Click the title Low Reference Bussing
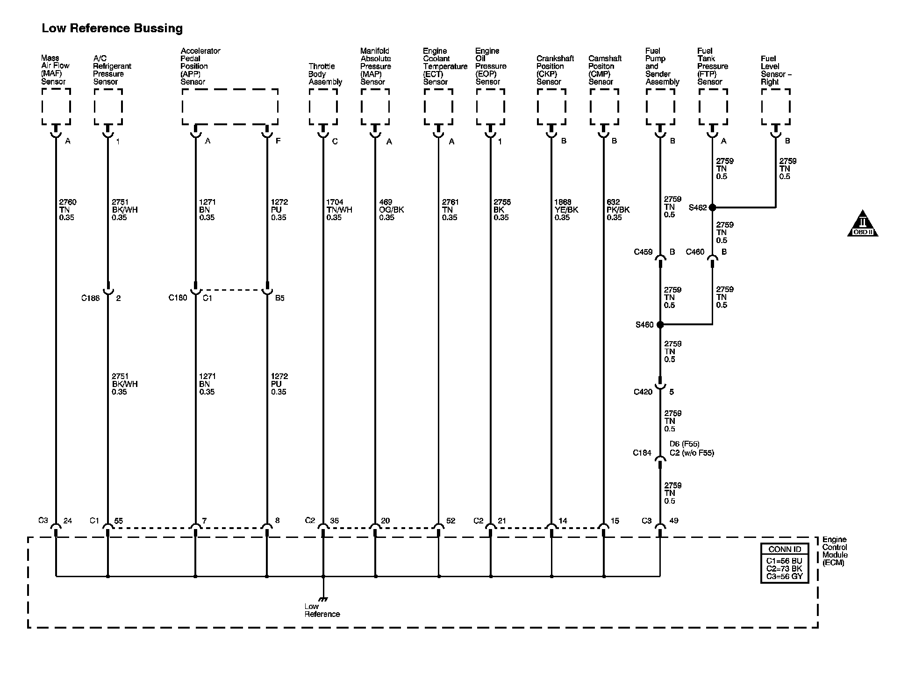tap(112, 29)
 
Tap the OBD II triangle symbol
tap(863, 225)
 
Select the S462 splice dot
tap(712, 208)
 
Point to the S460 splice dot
tap(660, 324)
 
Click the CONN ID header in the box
tap(785, 550)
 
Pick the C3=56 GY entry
tap(785, 577)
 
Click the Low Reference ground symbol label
tap(322, 610)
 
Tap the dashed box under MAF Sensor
tap(56, 107)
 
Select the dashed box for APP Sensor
tap(230, 107)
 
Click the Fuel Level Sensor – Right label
tap(776, 70)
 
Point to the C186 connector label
tap(90, 298)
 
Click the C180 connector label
tap(178, 298)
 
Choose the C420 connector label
tap(643, 392)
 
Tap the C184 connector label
tap(642, 452)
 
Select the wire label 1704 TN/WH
tap(339, 210)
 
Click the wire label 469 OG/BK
tap(391, 210)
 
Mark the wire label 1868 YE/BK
tap(566, 210)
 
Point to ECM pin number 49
tap(674, 521)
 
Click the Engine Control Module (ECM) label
tap(835, 551)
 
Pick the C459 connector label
tap(643, 252)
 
